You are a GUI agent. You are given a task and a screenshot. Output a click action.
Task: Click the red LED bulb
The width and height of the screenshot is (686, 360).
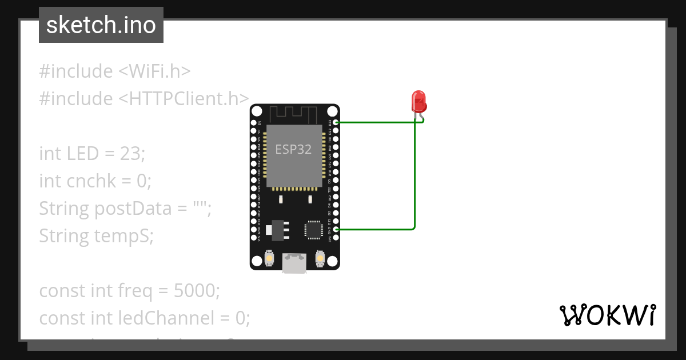point(419,102)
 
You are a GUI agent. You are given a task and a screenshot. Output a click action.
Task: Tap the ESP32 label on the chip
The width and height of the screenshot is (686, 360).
point(293,150)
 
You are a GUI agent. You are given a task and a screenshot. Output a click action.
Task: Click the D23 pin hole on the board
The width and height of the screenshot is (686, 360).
point(336,122)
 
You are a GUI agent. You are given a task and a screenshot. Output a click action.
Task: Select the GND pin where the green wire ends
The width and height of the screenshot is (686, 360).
point(336,229)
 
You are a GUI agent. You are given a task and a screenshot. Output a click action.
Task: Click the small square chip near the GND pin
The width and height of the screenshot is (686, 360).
point(313,229)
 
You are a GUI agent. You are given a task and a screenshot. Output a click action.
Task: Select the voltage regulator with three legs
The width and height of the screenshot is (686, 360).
point(278,228)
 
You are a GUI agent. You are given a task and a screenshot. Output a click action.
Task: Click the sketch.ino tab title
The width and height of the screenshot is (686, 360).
point(101,25)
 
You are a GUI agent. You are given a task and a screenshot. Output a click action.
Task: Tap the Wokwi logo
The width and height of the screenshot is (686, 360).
point(607,315)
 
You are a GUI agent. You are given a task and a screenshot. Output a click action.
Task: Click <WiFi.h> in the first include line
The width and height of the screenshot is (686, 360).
point(154,71)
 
